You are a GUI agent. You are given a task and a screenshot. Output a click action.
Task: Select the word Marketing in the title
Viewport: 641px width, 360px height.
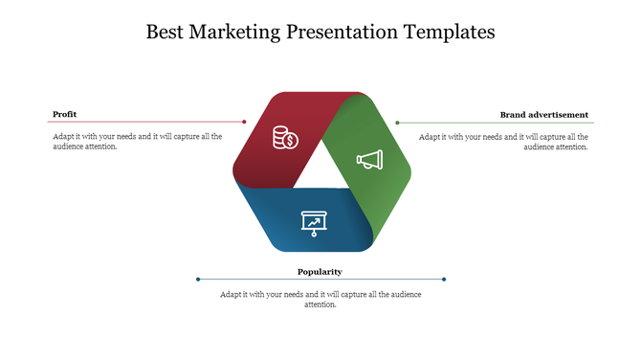[235, 32]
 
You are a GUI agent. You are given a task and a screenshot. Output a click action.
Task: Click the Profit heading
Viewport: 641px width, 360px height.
[65, 114]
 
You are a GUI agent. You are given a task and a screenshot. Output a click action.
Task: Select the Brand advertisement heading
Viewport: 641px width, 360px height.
[543, 115]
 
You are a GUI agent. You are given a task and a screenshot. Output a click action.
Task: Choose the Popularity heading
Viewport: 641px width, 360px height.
[320, 272]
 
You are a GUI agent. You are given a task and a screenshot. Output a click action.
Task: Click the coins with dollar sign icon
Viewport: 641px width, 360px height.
[285, 139]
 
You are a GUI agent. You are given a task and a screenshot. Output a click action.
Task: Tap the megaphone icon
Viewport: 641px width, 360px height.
[369, 159]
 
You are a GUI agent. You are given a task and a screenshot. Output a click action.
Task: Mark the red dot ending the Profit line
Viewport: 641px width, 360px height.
[245, 122]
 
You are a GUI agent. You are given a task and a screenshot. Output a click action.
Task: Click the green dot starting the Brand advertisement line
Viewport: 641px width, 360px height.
[397, 123]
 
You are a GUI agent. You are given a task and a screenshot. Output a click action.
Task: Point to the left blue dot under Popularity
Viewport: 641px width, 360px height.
[198, 280]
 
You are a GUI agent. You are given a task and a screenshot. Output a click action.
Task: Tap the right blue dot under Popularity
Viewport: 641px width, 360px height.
[445, 280]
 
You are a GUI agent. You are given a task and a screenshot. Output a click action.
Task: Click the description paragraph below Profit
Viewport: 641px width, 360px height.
[137, 142]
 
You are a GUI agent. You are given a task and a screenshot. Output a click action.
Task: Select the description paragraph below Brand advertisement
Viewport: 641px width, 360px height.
[503, 142]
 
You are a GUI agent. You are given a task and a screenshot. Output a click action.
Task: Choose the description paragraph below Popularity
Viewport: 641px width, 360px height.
[320, 299]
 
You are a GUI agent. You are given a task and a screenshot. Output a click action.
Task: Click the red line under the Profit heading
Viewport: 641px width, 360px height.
[144, 122]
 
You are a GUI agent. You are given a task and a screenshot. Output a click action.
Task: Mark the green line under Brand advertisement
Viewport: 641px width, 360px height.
[497, 123]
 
